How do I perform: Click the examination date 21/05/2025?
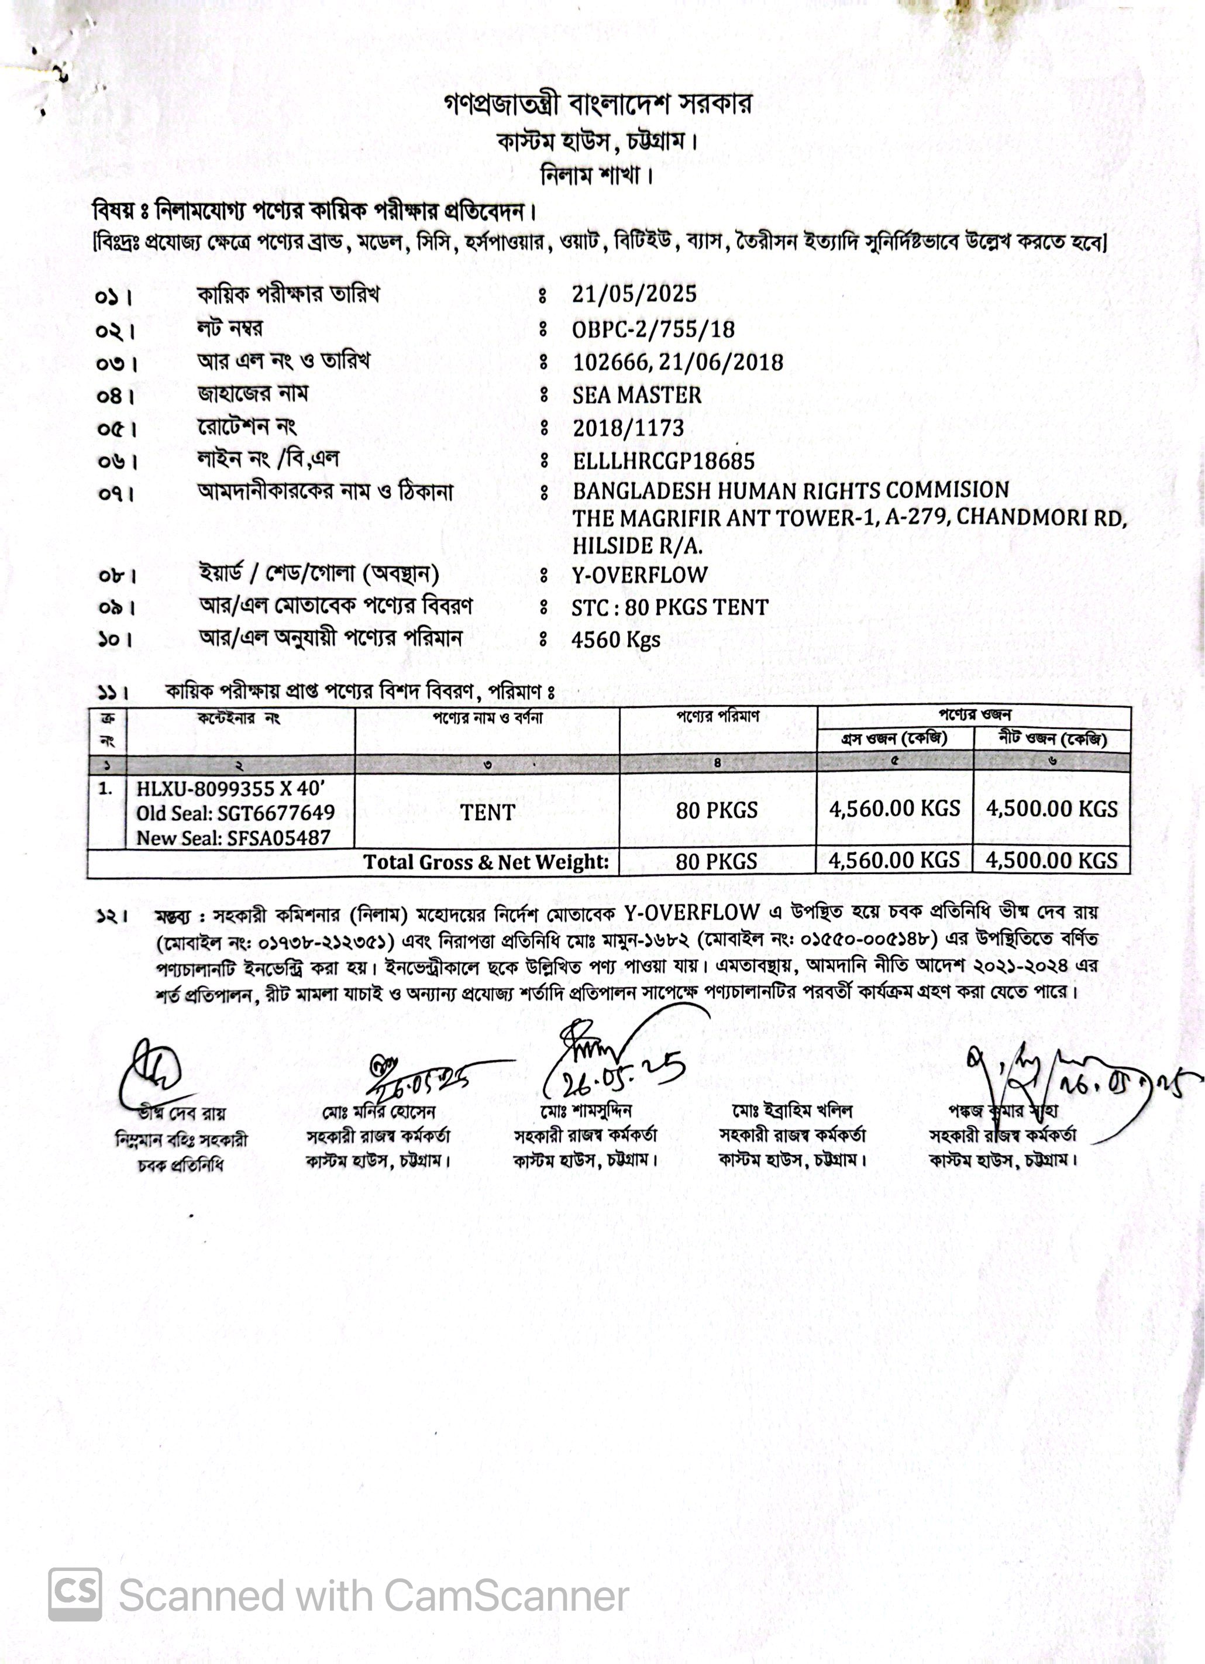634,294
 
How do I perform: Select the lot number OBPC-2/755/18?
653,329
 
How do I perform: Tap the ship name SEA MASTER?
636,395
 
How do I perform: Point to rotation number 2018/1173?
628,428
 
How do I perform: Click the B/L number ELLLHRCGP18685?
663,460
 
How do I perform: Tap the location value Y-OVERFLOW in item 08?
639,575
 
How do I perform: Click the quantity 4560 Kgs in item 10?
615,640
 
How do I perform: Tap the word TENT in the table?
487,812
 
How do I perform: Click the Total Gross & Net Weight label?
486,862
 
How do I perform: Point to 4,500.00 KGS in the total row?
1051,861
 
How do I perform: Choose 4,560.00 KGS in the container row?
894,809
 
